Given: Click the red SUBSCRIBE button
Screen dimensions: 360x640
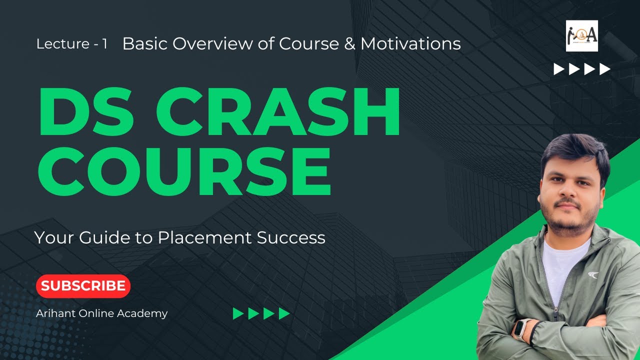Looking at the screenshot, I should pos(83,286).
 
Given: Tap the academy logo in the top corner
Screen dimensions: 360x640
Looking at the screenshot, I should pos(581,36).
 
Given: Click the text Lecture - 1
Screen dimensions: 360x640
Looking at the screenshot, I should pos(72,44).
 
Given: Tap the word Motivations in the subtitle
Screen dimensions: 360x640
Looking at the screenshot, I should pos(410,44).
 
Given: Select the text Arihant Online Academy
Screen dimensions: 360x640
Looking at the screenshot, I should pos(101,313).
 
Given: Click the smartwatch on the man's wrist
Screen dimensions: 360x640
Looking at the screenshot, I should pos(521,329).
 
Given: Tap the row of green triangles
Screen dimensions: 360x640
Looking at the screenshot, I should pos(261,313).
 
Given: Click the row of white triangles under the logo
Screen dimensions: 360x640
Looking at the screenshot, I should pos(582,69).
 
